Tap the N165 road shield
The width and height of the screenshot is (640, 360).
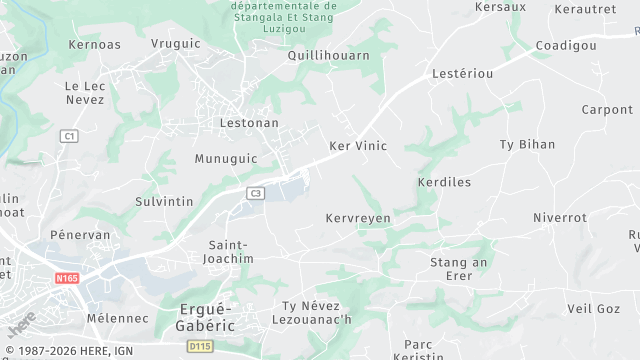click(x=67, y=278)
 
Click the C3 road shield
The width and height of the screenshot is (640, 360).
click(x=256, y=193)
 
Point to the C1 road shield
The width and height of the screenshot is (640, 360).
click(x=68, y=135)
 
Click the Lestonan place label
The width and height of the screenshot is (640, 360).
click(x=250, y=123)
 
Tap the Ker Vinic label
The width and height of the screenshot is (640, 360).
click(x=358, y=146)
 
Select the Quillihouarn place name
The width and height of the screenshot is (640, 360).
click(x=328, y=56)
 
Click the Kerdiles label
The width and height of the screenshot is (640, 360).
click(x=443, y=183)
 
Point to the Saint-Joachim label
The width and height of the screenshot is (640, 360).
click(x=230, y=251)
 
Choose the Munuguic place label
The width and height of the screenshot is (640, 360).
click(x=225, y=159)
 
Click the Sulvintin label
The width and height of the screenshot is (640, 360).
click(x=164, y=201)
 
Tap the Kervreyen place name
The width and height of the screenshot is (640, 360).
click(x=358, y=217)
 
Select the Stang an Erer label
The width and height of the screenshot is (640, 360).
click(x=458, y=268)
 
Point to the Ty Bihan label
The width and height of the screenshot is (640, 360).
click(x=527, y=144)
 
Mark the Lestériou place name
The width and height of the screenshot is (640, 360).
click(x=462, y=74)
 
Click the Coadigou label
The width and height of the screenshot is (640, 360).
click(x=566, y=46)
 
